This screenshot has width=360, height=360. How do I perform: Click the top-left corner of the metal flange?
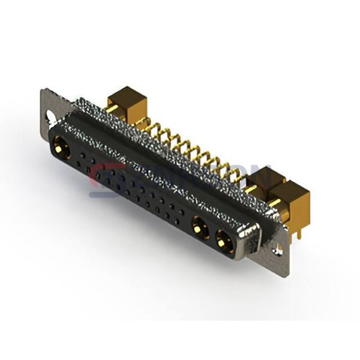tap(43, 92)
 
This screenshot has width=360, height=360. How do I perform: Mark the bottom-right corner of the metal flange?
tap(286, 274)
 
